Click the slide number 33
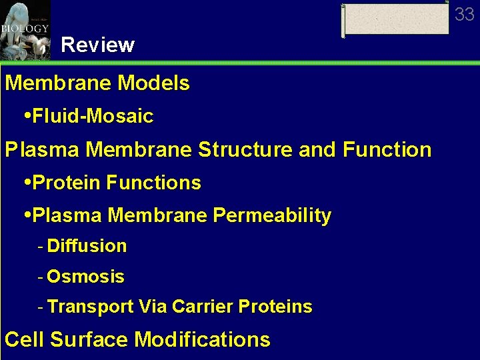[464, 14]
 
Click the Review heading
[97, 45]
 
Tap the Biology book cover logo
[25, 30]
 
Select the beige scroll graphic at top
[396, 19]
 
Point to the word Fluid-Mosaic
[93, 117]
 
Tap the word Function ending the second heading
[387, 149]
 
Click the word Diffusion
[87, 246]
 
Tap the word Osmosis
[85, 276]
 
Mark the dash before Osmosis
[41, 276]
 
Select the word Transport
[91, 307]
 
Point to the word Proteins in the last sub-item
[275, 307]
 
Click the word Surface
[89, 340]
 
